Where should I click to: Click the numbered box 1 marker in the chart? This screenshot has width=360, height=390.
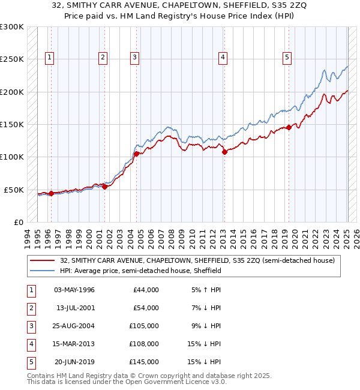click(x=49, y=58)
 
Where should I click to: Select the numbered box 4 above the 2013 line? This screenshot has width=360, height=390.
click(x=223, y=58)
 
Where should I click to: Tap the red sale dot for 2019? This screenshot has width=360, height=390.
click(x=289, y=127)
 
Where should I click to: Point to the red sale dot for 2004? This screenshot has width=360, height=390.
click(x=136, y=154)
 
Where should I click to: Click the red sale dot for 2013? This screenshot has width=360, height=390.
click(x=224, y=152)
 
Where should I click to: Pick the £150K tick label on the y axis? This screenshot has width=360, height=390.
click(x=12, y=124)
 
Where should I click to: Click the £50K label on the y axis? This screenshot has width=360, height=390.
click(x=14, y=190)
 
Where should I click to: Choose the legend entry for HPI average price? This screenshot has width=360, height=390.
click(x=140, y=271)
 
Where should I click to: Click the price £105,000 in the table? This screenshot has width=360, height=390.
click(x=145, y=326)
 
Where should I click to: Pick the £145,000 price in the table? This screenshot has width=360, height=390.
click(x=145, y=362)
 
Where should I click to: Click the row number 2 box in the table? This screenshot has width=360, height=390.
click(x=30, y=308)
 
